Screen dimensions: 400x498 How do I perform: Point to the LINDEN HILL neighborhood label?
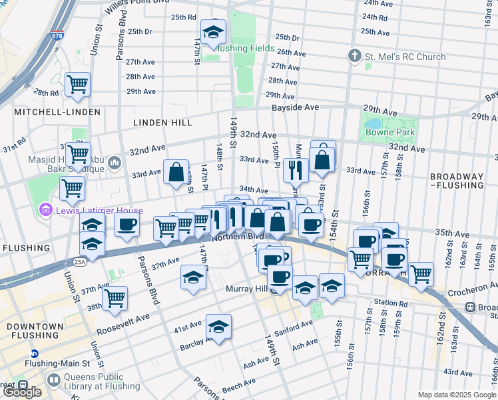point(162,123)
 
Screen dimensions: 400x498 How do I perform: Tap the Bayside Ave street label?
point(294,107)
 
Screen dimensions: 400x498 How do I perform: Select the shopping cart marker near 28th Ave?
point(78,83)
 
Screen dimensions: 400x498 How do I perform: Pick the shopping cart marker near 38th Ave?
point(115,297)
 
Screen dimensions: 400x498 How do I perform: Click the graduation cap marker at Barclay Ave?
point(218,326)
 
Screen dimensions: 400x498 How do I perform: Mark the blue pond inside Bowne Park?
point(372,124)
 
